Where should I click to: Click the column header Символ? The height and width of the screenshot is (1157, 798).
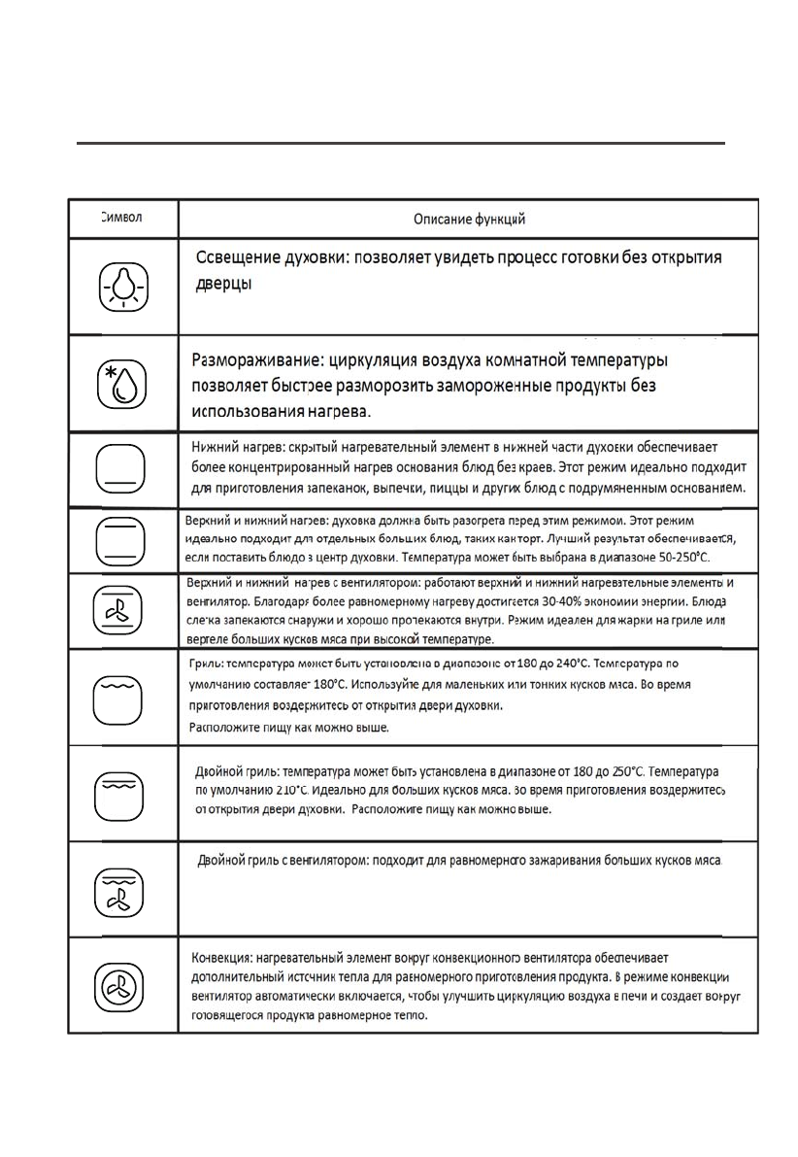(122, 217)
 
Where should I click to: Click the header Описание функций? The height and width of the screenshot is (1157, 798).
(470, 220)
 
